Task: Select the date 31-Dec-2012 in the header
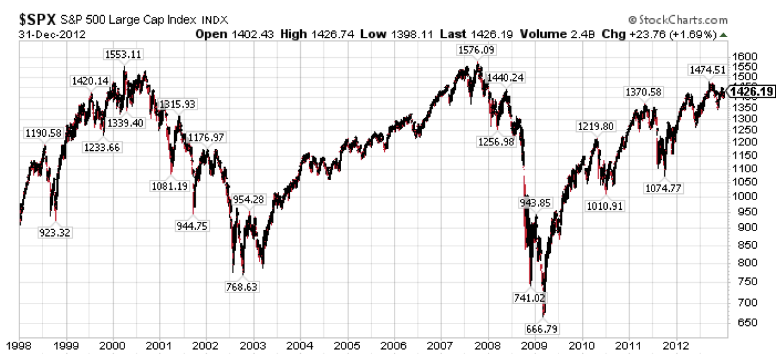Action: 44,33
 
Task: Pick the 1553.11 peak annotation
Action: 123,54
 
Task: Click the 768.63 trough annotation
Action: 242,286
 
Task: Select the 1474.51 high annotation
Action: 706,69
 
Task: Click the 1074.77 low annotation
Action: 662,188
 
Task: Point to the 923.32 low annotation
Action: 55,232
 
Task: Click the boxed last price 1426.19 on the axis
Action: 752,92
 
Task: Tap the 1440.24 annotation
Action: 506,77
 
